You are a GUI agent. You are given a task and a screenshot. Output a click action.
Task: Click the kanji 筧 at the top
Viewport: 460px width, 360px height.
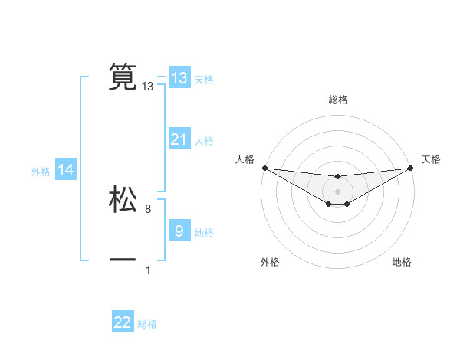pos(123,77)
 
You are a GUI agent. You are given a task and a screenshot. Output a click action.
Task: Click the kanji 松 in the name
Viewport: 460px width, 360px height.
pos(123,199)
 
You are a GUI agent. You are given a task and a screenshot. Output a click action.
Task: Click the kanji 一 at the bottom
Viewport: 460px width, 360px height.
pos(123,260)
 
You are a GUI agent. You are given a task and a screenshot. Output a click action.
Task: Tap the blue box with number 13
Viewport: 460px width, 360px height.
pos(179,78)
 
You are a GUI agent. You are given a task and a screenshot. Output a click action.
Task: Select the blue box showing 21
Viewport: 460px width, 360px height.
pos(179,139)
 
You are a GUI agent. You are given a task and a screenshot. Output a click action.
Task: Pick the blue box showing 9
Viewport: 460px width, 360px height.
pos(179,231)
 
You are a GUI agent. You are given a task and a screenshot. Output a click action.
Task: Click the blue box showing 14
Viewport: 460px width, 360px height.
pos(66,171)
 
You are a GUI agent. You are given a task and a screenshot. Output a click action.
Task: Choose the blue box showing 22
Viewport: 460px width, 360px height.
pos(123,322)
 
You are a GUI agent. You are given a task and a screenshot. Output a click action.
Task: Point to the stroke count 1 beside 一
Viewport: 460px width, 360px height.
pos(148,270)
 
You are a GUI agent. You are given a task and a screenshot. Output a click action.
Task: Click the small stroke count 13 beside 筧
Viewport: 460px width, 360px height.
pos(148,87)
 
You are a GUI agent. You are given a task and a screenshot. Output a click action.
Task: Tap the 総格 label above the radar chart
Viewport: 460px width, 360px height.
pos(338,100)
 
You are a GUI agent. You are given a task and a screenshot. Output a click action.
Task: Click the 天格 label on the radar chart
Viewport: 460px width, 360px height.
pos(431,159)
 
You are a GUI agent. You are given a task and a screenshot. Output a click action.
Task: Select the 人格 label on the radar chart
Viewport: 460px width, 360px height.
pos(245,159)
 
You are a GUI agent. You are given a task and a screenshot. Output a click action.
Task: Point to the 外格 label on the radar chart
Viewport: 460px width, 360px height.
pos(269,263)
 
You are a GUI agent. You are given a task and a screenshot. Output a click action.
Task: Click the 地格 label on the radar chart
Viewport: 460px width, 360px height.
pos(402,263)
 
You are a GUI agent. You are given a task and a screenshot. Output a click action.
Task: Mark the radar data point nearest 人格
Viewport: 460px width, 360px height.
pos(264,168)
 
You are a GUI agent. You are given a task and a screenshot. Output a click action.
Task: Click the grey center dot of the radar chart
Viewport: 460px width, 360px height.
pos(337,191)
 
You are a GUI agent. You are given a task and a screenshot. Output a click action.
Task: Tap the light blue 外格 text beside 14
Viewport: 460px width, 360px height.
pos(41,172)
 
